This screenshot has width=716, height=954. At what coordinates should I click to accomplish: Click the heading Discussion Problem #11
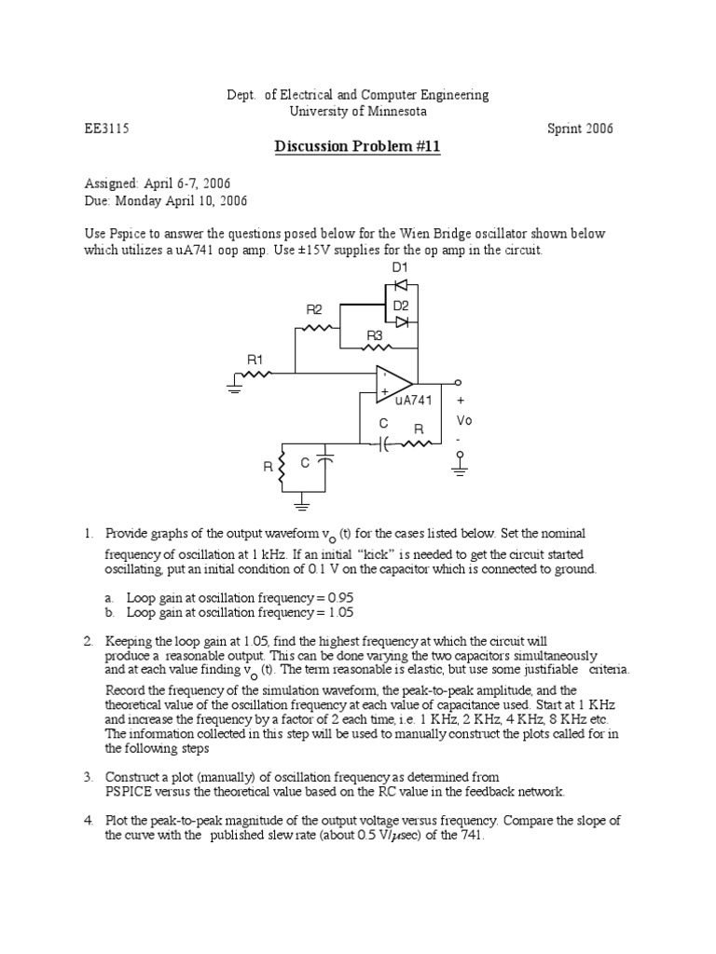[357, 147]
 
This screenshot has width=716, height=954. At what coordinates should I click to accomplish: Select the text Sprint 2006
[580, 129]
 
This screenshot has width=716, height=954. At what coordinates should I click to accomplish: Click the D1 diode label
[400, 267]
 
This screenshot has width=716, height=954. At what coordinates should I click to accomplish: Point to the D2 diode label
[401, 305]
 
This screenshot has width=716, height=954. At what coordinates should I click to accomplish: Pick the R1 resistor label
[255, 359]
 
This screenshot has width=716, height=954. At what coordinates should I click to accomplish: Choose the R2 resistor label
[314, 309]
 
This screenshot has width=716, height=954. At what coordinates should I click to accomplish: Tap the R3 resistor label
[375, 335]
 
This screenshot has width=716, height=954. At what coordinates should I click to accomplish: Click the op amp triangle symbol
[393, 384]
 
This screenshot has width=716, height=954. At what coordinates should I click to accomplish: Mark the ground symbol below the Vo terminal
[458, 466]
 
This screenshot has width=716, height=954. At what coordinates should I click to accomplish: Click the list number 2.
[88, 642]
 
